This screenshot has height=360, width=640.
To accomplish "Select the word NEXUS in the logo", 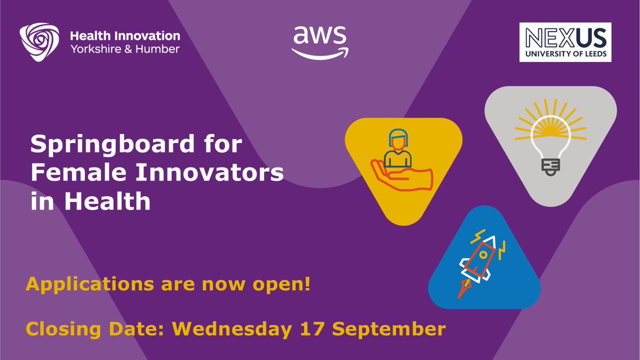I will pyautogui.click(x=565, y=38).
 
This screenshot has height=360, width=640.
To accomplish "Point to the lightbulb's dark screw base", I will pyautogui.click(x=550, y=166).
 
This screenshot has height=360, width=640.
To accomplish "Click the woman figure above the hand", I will pyautogui.click(x=396, y=148).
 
